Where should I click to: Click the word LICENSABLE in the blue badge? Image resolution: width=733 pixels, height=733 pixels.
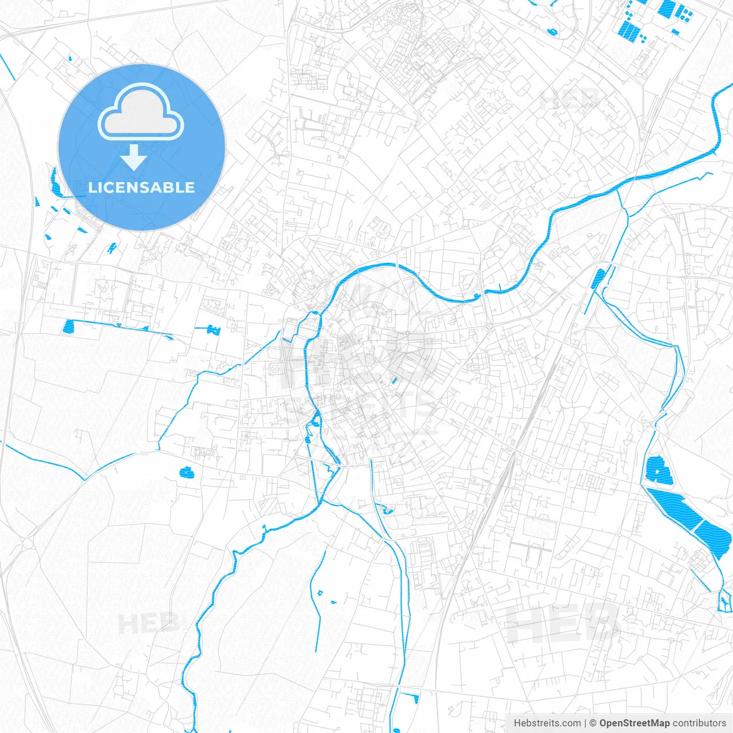141,187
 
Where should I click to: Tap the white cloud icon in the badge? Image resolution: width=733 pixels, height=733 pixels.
141,113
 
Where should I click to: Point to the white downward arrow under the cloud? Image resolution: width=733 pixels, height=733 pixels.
133,157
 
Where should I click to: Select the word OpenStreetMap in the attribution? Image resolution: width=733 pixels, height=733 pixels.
635,723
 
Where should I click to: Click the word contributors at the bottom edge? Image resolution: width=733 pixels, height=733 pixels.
699,723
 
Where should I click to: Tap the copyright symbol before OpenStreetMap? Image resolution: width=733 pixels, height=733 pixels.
593,723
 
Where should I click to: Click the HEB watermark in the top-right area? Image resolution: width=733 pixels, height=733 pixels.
570,101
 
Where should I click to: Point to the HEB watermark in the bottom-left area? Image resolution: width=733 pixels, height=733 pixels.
148,623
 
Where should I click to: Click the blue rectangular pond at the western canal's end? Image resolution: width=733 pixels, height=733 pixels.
69,326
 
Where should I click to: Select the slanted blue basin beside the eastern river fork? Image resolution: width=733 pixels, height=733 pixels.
598,278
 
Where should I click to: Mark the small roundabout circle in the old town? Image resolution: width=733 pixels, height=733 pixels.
407,333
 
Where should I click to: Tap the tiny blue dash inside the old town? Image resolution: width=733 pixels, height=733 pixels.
394,380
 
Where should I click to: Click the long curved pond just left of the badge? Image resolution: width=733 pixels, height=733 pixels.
56,182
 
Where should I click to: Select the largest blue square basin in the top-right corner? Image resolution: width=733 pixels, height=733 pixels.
667,7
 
